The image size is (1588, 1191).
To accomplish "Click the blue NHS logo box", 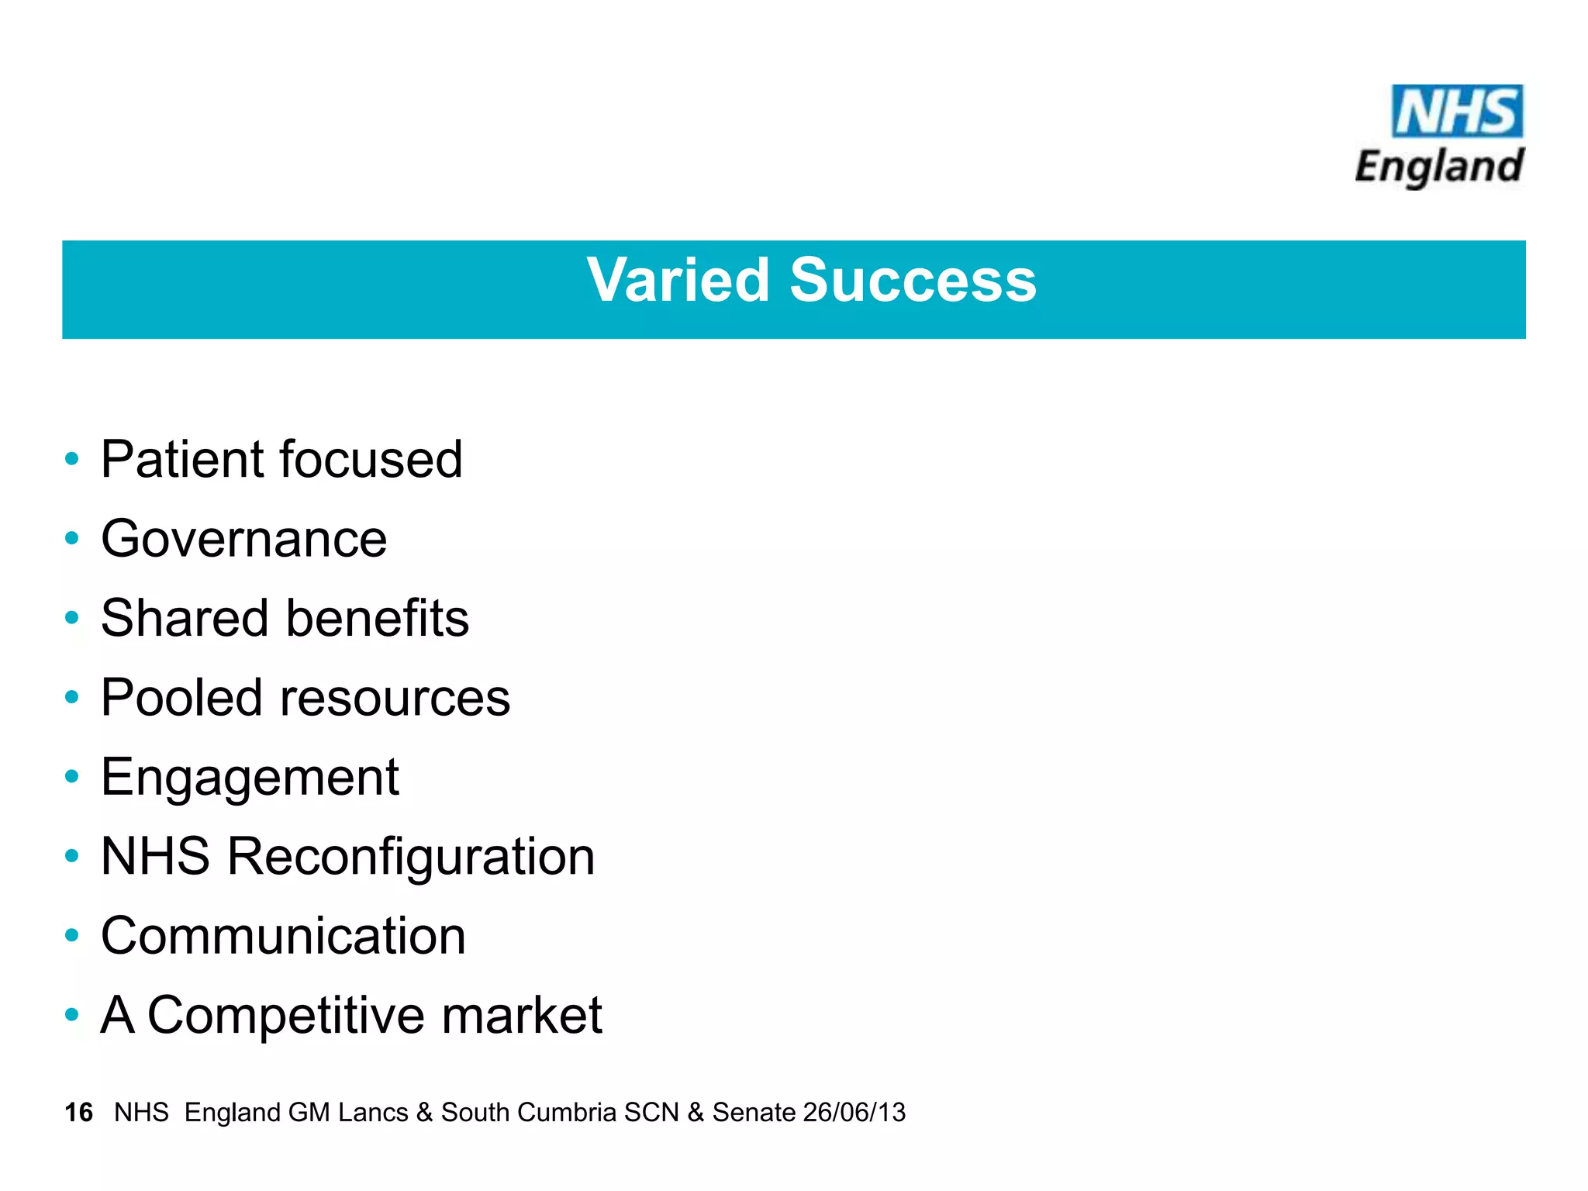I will [1457, 112].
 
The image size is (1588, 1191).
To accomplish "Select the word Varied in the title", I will [678, 280].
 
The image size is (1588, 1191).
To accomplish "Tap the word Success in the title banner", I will [913, 280].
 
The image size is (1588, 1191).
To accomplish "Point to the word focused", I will [371, 459].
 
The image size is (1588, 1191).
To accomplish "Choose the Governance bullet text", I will [243, 539].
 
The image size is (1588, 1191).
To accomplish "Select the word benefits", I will [378, 618].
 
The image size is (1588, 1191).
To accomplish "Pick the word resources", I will [395, 699].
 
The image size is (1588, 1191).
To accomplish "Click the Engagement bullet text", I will [250, 778].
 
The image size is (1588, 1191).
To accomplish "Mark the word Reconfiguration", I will [410, 857].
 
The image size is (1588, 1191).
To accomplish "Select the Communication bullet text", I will [283, 936].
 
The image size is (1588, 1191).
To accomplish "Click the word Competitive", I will [285, 1016].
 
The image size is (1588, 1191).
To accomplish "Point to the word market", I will [522, 1016].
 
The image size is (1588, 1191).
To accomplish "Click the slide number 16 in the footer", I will [78, 1113].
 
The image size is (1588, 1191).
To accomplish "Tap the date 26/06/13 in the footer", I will [854, 1113].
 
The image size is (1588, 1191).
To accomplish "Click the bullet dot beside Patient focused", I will [72, 459].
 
